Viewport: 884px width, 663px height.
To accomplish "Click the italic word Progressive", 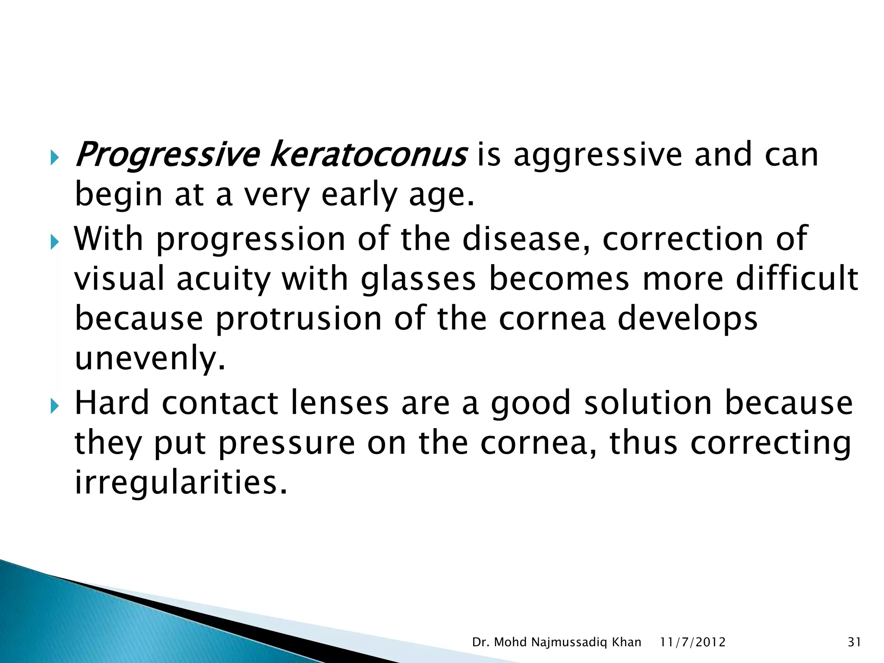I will [x=167, y=155].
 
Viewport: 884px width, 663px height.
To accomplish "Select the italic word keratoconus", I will [x=368, y=155].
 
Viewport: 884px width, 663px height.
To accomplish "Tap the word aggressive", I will [x=598, y=155].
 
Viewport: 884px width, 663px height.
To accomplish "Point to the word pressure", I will [x=287, y=443].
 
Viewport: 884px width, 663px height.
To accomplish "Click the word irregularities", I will [x=181, y=482].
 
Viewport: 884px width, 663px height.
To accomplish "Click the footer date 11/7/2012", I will [x=693, y=643].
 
